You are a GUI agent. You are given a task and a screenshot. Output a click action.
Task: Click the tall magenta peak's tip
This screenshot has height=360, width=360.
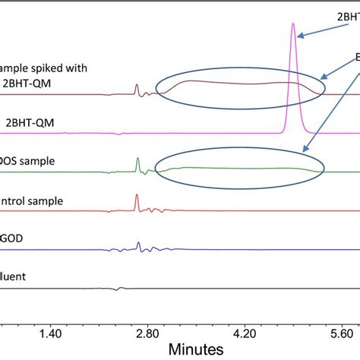click(293, 24)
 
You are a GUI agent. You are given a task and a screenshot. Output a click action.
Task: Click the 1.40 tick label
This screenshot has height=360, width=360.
click(50, 333)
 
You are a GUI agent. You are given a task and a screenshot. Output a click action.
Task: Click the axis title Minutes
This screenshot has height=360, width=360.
click(197, 349)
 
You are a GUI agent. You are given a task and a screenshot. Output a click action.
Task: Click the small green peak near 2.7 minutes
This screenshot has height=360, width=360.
click(137, 159)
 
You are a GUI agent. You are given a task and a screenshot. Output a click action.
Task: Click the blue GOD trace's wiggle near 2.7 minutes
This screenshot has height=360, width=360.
click(137, 245)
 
